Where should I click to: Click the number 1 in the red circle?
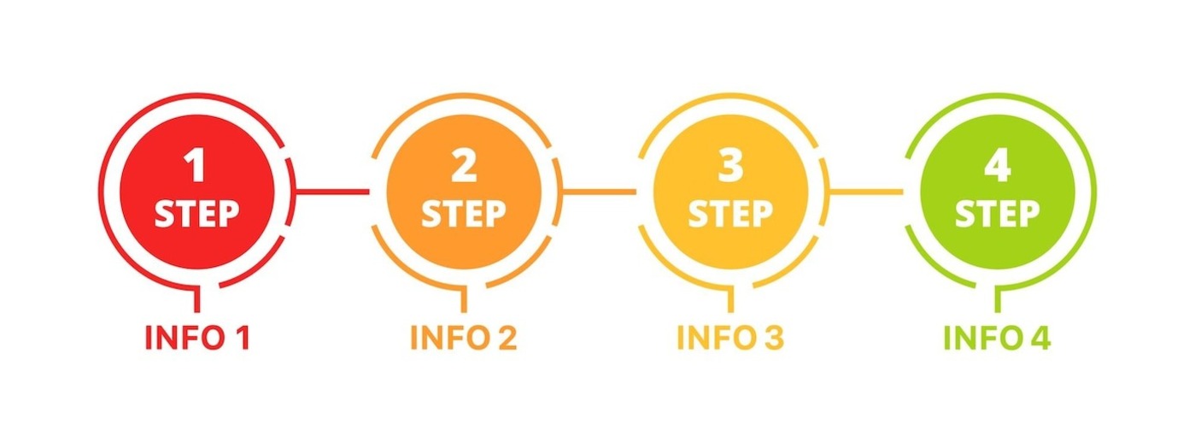coord(196,166)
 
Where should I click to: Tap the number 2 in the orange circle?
coord(464,166)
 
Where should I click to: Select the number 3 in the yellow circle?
coord(730,166)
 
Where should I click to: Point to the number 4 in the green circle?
coord(998,166)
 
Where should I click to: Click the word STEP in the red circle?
coord(196,214)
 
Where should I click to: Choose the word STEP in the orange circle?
coord(464,214)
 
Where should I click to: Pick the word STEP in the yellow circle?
coord(730,214)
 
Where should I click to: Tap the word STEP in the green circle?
coord(998,214)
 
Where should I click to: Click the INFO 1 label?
coord(196,339)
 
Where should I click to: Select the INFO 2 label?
coord(464,339)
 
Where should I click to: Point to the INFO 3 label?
coord(730,339)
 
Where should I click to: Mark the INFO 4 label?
coord(998,339)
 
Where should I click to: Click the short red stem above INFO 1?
coord(197,300)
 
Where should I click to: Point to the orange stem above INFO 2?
coord(465,300)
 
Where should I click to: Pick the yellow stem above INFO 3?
coord(731,300)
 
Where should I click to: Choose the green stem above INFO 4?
coord(999,300)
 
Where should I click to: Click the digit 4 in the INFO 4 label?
coord(1040,339)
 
